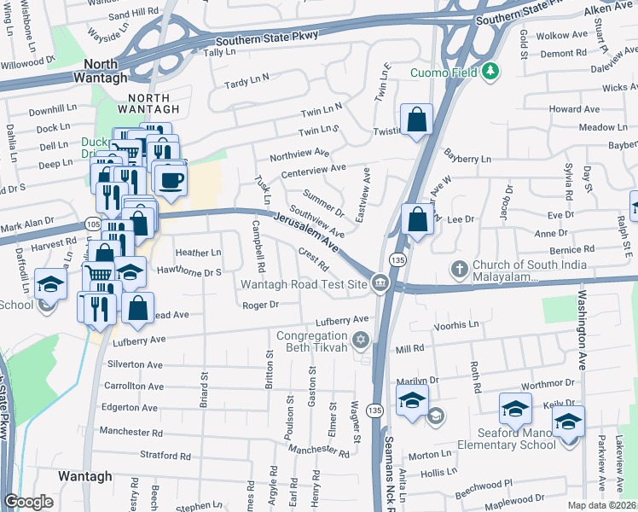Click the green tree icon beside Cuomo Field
click(x=490, y=72)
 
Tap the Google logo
click(x=28, y=502)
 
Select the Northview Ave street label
click(x=299, y=154)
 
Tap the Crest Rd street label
click(x=313, y=259)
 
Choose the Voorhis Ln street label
click(x=455, y=326)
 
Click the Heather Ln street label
click(x=198, y=253)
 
